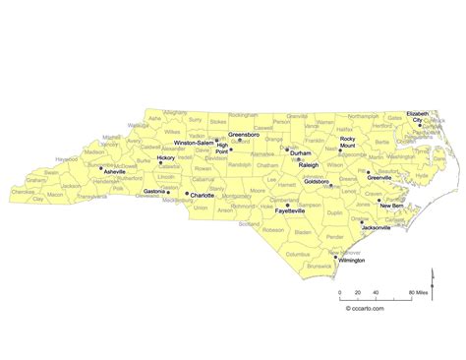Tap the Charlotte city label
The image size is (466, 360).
pos(204,194)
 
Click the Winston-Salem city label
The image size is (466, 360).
pos(193,143)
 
